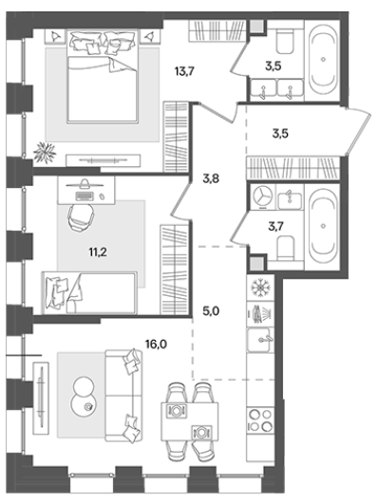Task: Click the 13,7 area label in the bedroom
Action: pos(184,71)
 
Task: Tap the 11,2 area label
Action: pos(98,252)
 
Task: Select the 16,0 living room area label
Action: pos(156,345)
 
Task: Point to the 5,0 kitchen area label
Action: pos(211,311)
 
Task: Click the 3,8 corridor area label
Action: pos(211,178)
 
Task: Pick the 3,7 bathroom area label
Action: pos(275,227)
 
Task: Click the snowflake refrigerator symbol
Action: pos(260,287)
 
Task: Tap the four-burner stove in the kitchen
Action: pos(260,419)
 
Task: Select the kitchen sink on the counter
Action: pos(260,340)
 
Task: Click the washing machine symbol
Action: pos(263,196)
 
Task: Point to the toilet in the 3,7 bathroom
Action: pos(285,248)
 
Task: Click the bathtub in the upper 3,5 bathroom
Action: pos(323,61)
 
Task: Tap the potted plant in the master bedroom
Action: pos(46,152)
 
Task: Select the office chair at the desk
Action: pos(82,217)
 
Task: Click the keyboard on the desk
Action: pos(85,196)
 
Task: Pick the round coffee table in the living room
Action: pos(83,396)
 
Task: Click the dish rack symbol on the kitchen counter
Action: pos(260,314)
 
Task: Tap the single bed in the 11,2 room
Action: pos(89,292)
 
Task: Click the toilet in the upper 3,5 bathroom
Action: pos(285,41)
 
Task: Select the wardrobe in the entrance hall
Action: pos(293,168)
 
